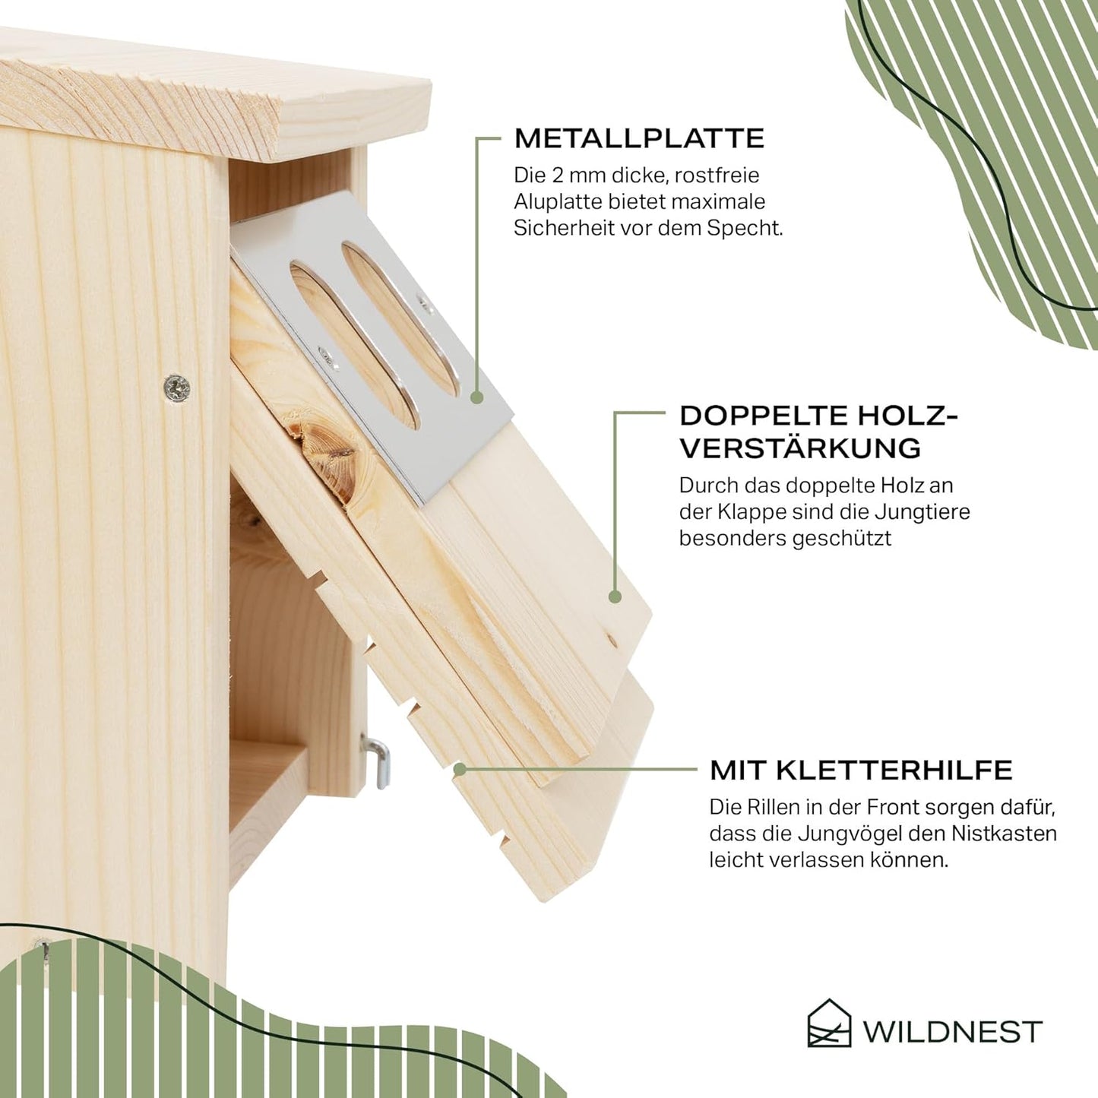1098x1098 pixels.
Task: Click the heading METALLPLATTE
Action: (639, 138)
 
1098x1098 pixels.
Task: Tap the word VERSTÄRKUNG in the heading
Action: (800, 448)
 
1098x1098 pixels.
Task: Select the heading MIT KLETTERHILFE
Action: (861, 770)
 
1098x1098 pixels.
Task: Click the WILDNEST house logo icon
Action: (829, 1031)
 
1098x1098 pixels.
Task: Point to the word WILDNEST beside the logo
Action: (951, 1032)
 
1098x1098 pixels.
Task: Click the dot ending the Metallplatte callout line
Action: (477, 398)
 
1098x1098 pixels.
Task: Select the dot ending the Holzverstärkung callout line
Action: (614, 596)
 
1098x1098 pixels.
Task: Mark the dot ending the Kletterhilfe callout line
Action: (460, 770)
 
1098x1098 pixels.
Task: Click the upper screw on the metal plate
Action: (424, 305)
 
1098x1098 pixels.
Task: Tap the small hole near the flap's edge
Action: (612, 641)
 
